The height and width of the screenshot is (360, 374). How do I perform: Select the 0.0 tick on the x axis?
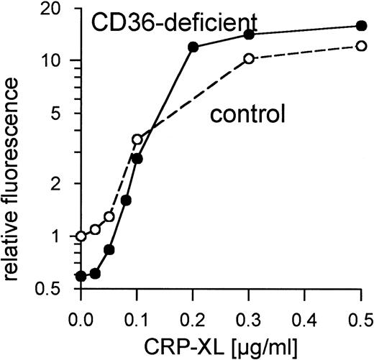pos(81,317)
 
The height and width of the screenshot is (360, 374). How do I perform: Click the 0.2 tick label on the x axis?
pos(193,317)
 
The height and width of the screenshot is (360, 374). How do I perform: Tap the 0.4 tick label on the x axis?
pos(304,317)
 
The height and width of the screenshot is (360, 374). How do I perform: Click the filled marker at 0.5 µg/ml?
pos(361,27)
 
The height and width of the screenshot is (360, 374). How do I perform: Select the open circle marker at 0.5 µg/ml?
pos(361,46)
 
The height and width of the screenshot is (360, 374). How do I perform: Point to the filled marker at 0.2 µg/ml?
pos(193,47)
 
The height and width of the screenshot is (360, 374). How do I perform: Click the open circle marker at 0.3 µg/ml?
pos(249,59)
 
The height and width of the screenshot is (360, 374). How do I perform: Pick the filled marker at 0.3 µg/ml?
pos(249,34)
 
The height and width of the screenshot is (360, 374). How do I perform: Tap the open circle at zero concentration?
pos(81,236)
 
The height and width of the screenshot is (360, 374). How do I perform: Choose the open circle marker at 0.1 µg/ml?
pos(137,139)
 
